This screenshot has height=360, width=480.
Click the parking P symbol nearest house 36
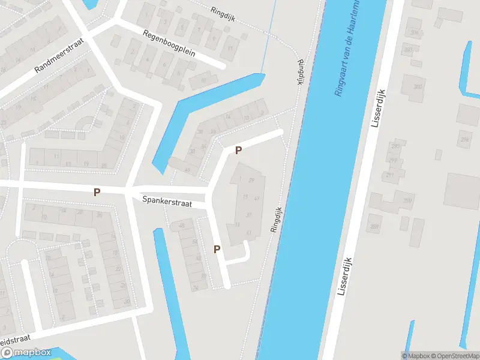[x=238, y=150]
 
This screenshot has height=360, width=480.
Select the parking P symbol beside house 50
[x=217, y=249]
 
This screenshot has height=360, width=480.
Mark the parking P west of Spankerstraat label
[x=97, y=192]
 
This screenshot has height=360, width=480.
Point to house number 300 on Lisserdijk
[x=417, y=87]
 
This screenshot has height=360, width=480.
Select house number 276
[x=464, y=140]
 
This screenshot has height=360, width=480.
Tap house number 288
[x=375, y=226]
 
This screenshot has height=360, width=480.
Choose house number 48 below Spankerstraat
[x=182, y=226]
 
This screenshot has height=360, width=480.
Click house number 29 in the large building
[x=252, y=181]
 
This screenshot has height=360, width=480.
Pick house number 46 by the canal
[x=187, y=170]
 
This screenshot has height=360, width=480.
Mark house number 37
[x=248, y=215]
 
